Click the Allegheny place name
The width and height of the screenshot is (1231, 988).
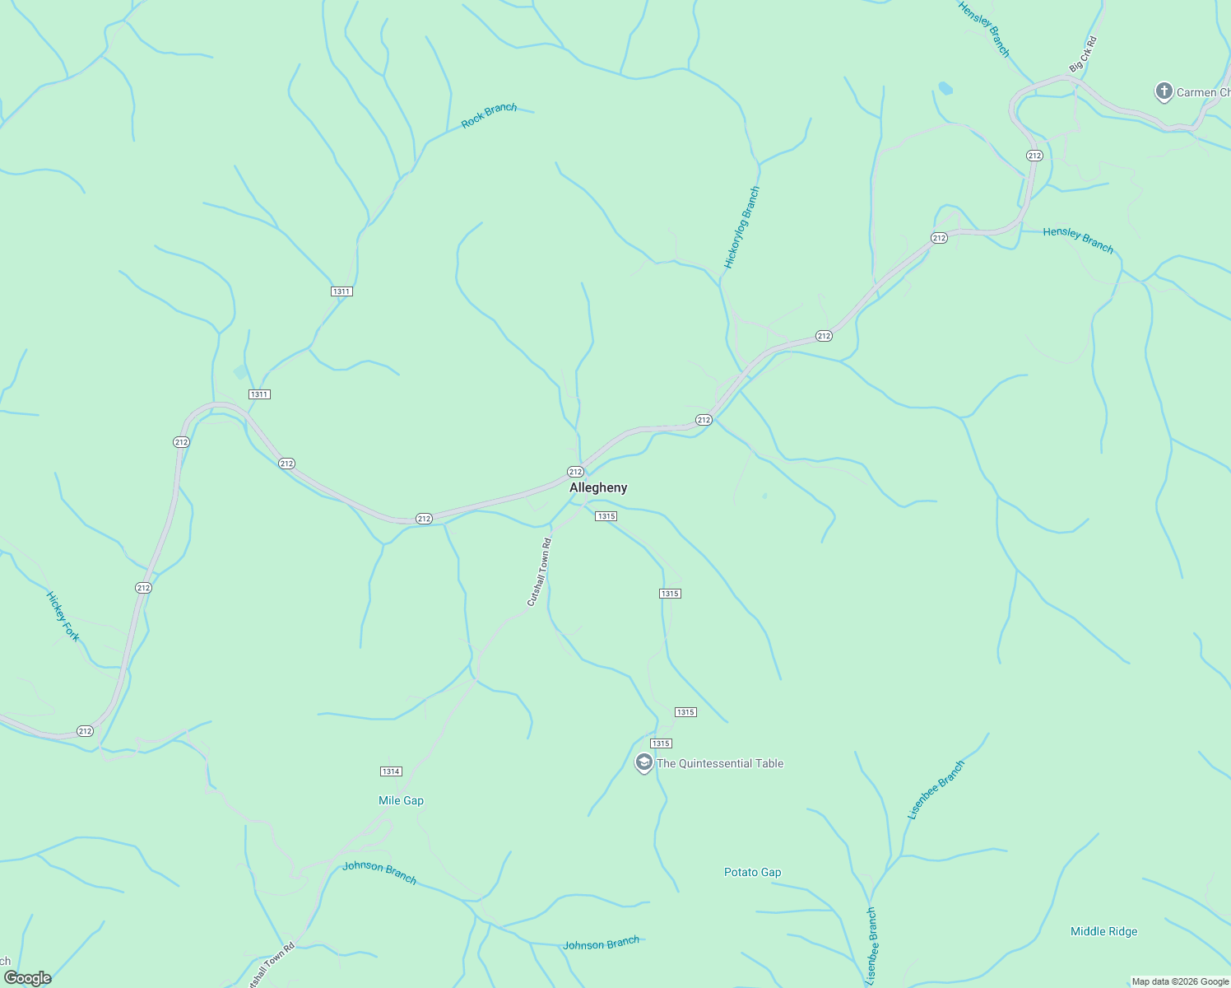point(598,487)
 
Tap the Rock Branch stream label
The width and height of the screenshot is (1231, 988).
point(489,115)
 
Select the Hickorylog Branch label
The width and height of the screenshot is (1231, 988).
point(742,227)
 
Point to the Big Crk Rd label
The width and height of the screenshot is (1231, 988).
point(1083,54)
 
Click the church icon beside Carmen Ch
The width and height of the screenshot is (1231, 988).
point(1164,91)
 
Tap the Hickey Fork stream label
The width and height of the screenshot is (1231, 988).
point(63,616)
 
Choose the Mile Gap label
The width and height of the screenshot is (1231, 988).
point(401,800)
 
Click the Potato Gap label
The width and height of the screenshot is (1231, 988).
point(752,872)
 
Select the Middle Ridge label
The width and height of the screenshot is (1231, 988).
point(1103,931)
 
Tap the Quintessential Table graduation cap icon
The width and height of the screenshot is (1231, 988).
point(643,762)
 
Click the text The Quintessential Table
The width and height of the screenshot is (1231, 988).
point(720,763)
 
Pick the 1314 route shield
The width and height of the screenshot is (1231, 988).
point(391,771)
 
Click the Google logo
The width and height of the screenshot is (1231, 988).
point(27,978)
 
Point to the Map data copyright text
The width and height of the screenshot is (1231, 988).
point(1179,981)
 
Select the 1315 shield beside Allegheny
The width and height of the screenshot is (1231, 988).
point(606,516)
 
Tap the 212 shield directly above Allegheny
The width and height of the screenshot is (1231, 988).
point(575,472)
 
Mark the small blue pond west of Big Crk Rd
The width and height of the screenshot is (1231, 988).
point(945,87)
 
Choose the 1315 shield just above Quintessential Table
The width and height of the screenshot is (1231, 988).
point(661,743)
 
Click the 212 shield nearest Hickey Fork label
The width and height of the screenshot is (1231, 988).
point(143,588)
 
